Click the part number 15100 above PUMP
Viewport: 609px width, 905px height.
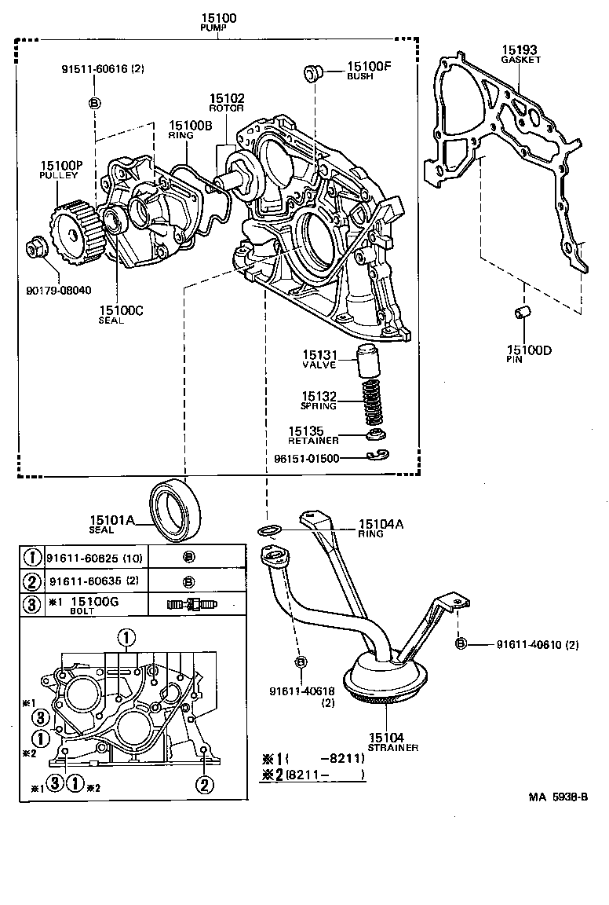[217, 17]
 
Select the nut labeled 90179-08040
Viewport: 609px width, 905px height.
[35, 249]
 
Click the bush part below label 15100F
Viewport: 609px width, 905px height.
[313, 75]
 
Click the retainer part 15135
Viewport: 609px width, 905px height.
[377, 435]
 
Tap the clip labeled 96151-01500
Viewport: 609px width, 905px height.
[377, 456]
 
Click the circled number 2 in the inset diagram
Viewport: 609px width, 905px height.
[203, 783]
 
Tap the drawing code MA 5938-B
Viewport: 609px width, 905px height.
[558, 797]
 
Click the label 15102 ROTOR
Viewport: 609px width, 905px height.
[226, 103]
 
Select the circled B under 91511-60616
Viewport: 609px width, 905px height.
[94, 103]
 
